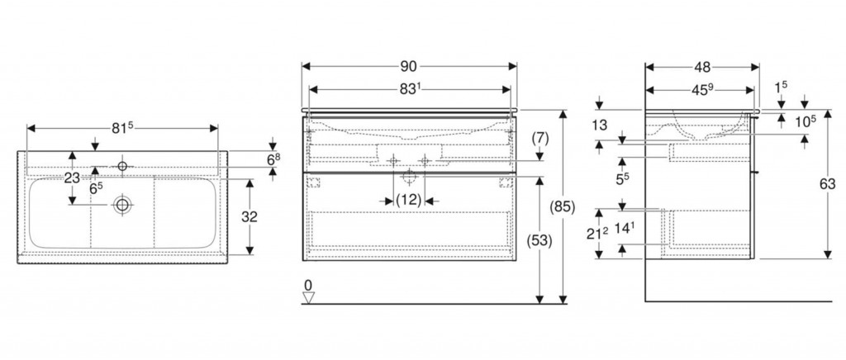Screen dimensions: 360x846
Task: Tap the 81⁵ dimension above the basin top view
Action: coord(122,128)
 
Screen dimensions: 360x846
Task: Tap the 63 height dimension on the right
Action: coord(827,186)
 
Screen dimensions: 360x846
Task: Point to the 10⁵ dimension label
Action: coord(806,121)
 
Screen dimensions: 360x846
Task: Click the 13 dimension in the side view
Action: coord(600,126)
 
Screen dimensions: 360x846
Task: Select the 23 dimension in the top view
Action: coord(72,178)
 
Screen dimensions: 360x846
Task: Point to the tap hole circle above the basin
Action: coord(122,167)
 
